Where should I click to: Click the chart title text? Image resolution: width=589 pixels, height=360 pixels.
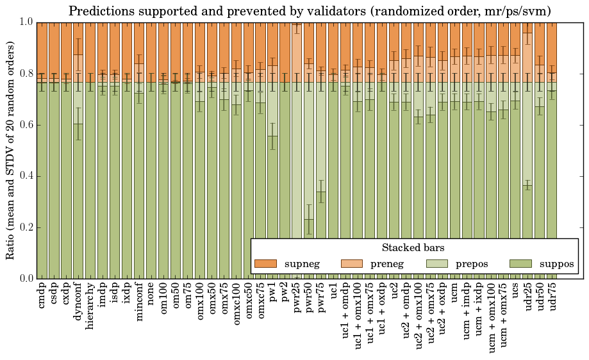click(310, 11)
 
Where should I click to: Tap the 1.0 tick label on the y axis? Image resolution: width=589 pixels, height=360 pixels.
click(26, 22)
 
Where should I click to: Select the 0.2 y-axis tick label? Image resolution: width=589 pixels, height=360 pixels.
click(26, 227)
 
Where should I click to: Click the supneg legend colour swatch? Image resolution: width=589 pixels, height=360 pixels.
click(265, 263)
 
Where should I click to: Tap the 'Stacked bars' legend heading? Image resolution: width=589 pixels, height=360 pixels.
click(413, 247)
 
